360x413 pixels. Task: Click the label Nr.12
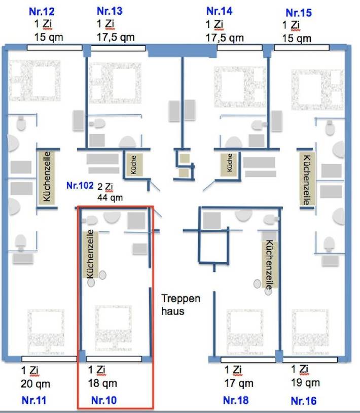[43, 12]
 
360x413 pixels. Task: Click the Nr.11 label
[34, 400]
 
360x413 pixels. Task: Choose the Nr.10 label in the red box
[104, 400]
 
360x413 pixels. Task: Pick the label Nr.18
[236, 400]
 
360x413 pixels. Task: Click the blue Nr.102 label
[80, 186]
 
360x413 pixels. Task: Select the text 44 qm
[110, 197]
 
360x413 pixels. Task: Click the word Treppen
[181, 298]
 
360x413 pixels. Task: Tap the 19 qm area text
[305, 382]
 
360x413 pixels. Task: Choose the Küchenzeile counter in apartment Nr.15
[305, 180]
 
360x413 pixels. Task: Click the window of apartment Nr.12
[54, 48]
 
